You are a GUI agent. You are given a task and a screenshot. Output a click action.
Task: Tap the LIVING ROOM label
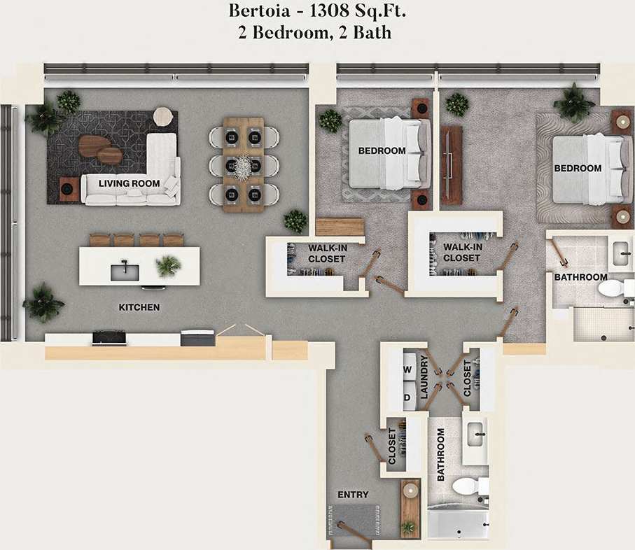(129, 184)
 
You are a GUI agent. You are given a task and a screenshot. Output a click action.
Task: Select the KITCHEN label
(139, 307)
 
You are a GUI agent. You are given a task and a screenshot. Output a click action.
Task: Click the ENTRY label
(353, 495)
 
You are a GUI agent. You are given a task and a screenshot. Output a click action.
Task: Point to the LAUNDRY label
(424, 378)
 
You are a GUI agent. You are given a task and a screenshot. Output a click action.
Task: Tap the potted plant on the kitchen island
(168, 265)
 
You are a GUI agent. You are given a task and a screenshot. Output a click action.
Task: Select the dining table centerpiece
(243, 167)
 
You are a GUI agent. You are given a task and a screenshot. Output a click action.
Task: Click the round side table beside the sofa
(163, 116)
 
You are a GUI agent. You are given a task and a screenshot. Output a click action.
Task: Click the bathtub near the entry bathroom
(458, 524)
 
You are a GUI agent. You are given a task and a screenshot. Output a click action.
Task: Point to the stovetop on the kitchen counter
(109, 338)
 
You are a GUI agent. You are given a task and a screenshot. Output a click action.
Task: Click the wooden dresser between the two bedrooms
(452, 166)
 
